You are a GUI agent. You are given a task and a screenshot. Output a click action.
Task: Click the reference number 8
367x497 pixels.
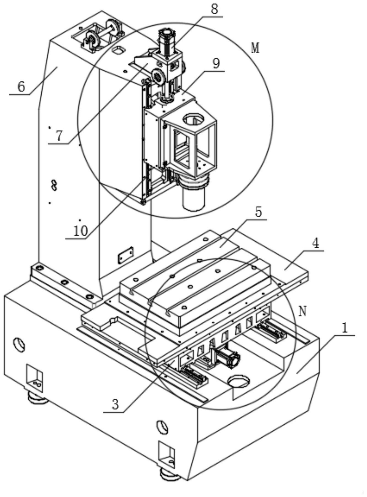[x=214, y=9]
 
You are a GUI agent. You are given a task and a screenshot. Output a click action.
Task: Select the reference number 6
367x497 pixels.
[x=21, y=86]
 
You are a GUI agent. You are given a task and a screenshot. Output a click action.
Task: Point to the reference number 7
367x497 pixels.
[x=59, y=136]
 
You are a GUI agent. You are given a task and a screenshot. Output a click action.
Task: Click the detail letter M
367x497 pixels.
[x=256, y=48]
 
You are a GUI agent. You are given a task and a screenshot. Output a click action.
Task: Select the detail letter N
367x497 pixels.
[x=303, y=311]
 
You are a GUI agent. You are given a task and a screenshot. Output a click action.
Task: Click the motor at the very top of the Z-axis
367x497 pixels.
[x=167, y=41]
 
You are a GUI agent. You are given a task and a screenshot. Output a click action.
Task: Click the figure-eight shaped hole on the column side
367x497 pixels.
[x=54, y=185]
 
